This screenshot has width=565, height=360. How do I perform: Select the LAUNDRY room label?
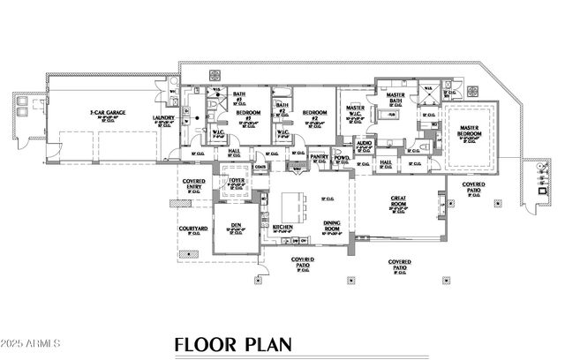click(x=162, y=117)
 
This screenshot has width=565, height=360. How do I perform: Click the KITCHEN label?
click(x=282, y=227)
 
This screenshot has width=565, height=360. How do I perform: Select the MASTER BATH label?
click(x=395, y=97)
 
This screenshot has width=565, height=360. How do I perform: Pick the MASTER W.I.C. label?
click(x=357, y=109)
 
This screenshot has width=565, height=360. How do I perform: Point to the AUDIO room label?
click(x=365, y=141)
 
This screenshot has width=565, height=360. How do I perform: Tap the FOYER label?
click(x=236, y=180)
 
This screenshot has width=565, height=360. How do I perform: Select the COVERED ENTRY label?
click(x=194, y=184)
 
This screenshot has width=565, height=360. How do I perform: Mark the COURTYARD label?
click(x=192, y=229)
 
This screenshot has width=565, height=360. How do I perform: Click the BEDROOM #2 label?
click(x=315, y=112)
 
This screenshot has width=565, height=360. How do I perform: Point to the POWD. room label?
click(x=343, y=157)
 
